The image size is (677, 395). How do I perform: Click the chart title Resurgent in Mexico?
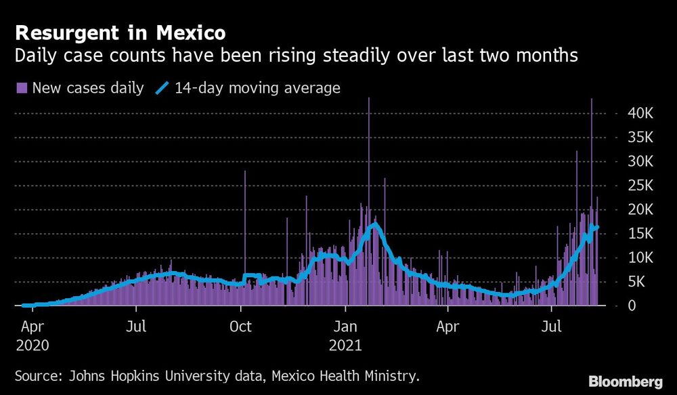121,33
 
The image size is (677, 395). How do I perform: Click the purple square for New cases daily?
21,87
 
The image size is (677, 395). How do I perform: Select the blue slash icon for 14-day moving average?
162,87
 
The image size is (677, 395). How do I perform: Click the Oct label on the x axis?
241,327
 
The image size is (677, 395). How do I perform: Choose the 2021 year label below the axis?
347,345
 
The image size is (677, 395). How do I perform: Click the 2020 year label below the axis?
31,345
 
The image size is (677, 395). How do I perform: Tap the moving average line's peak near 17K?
374,224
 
